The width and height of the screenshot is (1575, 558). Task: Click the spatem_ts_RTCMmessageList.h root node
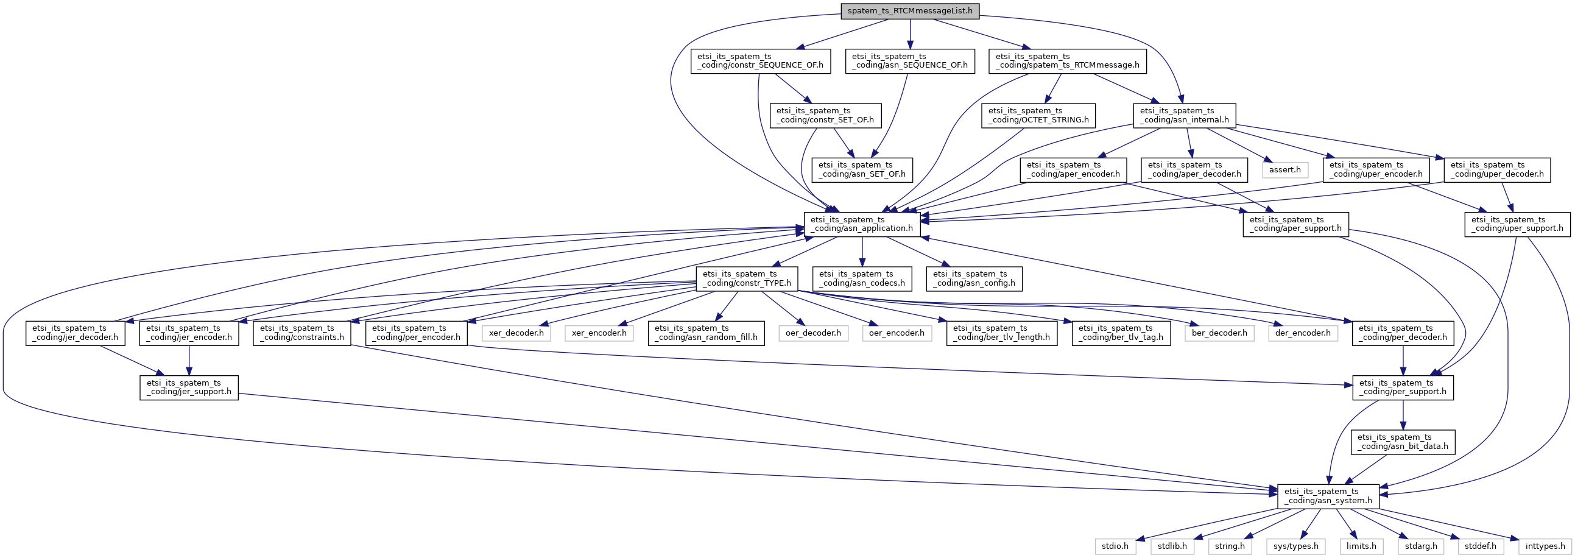click(x=910, y=10)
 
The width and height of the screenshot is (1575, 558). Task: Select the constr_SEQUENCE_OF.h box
click(x=761, y=61)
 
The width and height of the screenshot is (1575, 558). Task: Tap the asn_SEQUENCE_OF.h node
click(x=910, y=61)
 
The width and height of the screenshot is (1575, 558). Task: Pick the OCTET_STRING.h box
click(x=1038, y=116)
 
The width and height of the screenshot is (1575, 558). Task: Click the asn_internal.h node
click(x=1184, y=116)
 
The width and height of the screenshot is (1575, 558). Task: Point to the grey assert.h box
click(x=1284, y=169)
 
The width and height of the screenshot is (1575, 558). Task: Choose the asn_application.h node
click(x=862, y=224)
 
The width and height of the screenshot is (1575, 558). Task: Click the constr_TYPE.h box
click(x=747, y=278)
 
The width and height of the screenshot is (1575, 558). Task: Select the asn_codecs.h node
click(x=862, y=278)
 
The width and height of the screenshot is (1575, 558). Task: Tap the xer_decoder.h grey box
click(x=516, y=333)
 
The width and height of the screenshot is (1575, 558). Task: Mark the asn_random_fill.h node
click(x=706, y=333)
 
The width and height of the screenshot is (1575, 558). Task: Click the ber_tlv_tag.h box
click(x=1121, y=333)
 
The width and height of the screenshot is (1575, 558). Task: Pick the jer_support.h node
click(x=189, y=387)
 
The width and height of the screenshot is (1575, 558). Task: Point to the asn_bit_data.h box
click(x=1403, y=442)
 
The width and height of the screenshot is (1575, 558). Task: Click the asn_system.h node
click(x=1328, y=496)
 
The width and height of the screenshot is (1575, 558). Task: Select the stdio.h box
click(x=1115, y=546)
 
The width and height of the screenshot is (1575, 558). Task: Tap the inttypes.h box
click(x=1545, y=546)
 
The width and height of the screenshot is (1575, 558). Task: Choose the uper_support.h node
click(x=1517, y=224)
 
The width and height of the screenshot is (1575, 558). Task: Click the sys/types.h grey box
click(x=1295, y=546)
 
